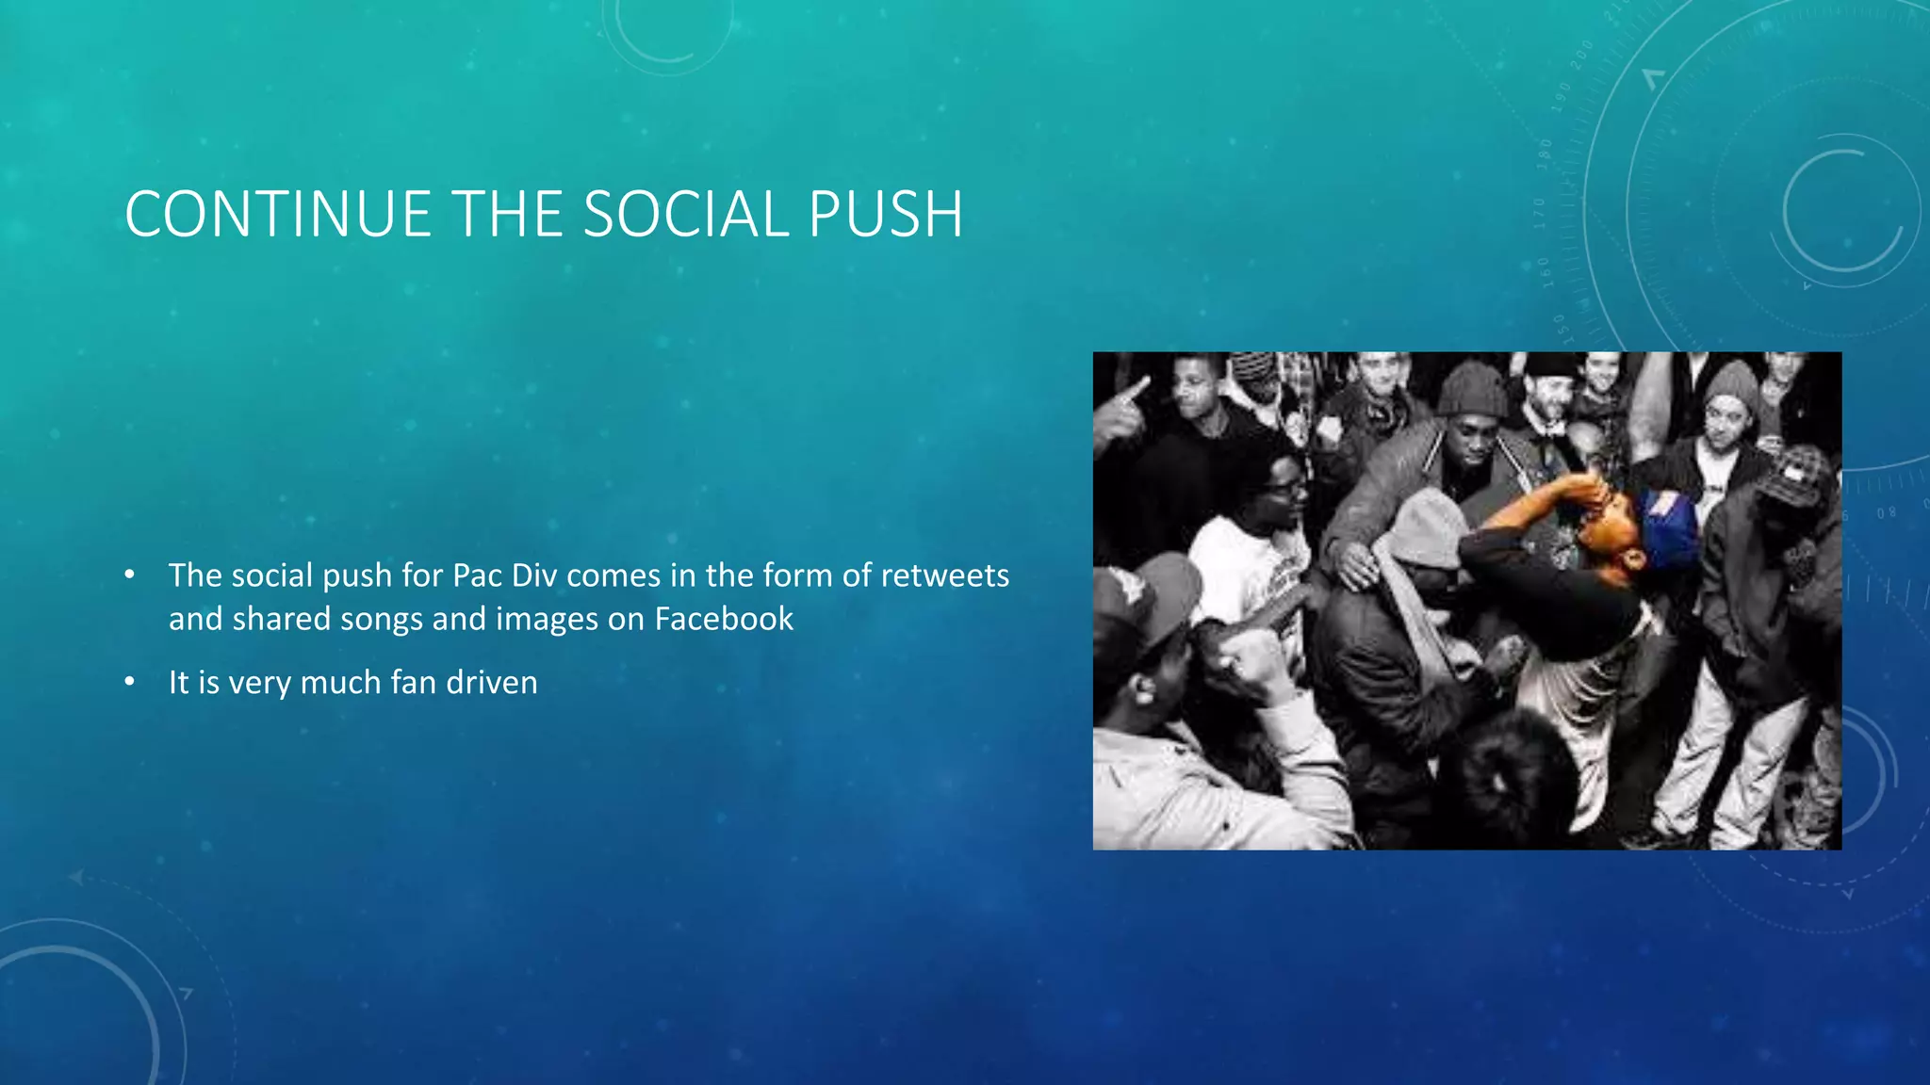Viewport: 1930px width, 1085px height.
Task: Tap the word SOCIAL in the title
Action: tap(686, 215)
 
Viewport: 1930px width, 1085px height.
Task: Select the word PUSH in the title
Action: tap(885, 215)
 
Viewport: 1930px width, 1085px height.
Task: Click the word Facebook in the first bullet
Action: tap(724, 619)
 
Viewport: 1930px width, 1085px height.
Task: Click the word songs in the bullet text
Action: tap(382, 620)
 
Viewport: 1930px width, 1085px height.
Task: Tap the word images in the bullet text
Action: tap(547, 620)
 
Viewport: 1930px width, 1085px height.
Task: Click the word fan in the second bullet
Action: tap(413, 682)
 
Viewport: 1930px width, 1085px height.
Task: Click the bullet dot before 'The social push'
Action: tap(130, 575)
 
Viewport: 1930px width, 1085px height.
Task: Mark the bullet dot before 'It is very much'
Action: tap(130, 681)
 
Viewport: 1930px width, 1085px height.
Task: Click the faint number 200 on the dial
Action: tap(1581, 54)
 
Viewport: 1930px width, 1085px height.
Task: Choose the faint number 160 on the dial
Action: tap(1545, 271)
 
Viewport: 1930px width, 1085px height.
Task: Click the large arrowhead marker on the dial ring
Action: tap(1653, 78)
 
